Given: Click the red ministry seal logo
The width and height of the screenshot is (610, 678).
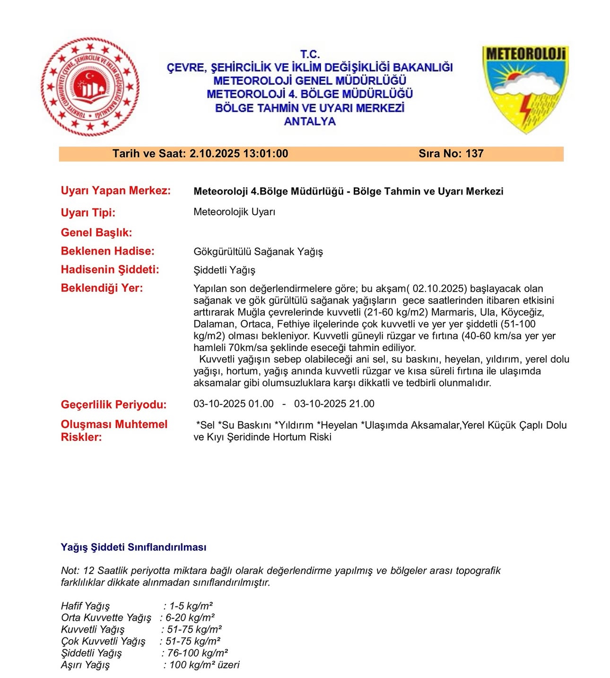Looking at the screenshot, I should tap(90, 87).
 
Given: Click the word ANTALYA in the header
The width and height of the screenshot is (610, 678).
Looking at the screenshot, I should tap(310, 122).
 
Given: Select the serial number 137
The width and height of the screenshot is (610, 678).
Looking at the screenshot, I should tap(474, 154).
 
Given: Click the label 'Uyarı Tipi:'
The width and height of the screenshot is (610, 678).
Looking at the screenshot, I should tap(88, 212).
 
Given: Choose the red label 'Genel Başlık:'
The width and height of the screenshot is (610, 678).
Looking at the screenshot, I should tap(96, 232).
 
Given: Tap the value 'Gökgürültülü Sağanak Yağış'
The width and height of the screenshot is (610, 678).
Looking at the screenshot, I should tap(258, 252).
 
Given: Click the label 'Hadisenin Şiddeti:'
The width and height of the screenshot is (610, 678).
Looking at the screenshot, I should tap(110, 270).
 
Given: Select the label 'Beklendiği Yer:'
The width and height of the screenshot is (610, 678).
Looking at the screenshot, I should tap(102, 288).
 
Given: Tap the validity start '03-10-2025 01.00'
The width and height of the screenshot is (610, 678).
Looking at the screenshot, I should tap(234, 404).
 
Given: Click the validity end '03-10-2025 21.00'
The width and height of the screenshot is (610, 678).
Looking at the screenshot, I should tap(334, 404).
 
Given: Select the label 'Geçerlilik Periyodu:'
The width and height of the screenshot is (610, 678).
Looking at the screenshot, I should tap(113, 405).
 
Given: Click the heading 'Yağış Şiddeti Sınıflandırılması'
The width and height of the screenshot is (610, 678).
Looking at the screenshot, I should tap(133, 547).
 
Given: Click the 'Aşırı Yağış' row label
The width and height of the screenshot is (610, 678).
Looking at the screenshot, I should tap(85, 665).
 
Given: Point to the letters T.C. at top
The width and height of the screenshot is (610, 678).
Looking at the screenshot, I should tap(310, 54).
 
